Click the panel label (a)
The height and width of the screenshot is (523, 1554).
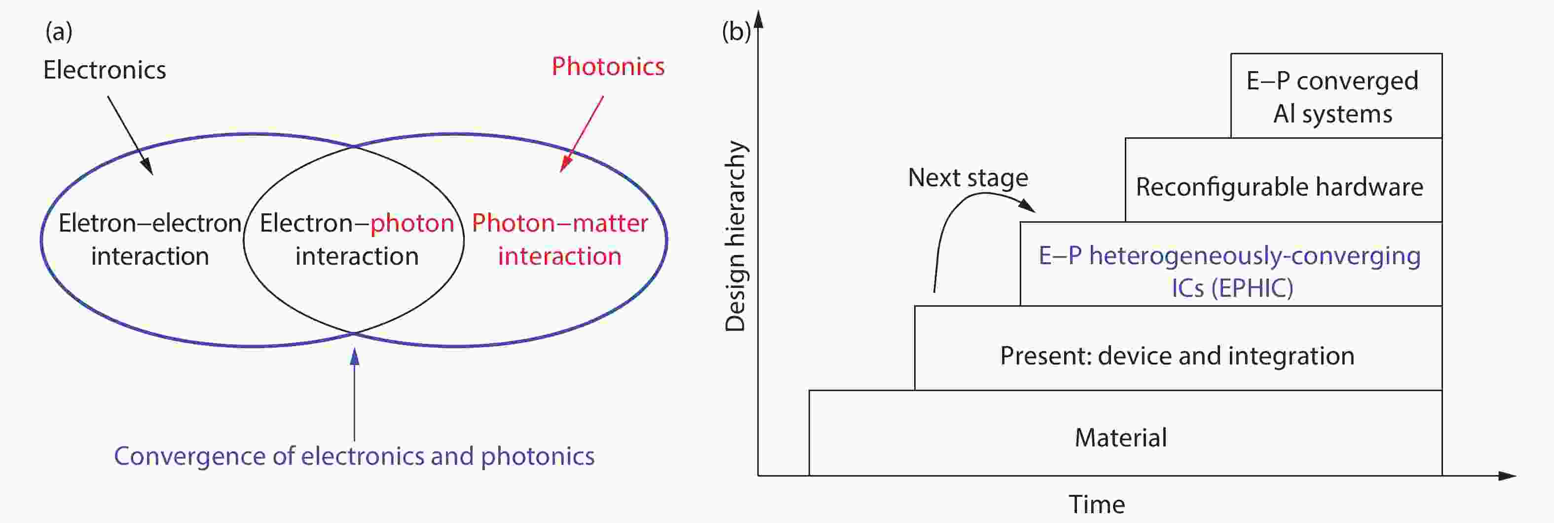click(x=59, y=32)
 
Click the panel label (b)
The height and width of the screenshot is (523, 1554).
click(x=736, y=32)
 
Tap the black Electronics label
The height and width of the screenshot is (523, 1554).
click(x=105, y=70)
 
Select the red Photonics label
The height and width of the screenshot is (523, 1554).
click(x=608, y=67)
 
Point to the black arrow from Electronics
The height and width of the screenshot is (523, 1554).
click(x=130, y=135)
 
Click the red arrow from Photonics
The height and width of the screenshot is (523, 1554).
click(x=582, y=134)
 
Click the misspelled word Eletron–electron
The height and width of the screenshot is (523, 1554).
click(x=150, y=223)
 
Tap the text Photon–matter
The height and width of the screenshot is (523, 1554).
click(x=560, y=223)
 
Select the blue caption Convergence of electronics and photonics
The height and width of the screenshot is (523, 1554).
click(x=354, y=456)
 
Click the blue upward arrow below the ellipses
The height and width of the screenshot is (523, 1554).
click(x=355, y=395)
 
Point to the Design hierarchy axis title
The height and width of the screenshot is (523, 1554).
click(x=736, y=236)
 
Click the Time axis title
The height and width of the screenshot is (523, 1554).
click(x=1097, y=504)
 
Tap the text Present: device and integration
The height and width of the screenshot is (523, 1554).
click(x=1178, y=356)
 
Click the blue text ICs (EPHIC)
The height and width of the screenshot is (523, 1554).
click(x=1232, y=288)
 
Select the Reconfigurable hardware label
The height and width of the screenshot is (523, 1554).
click(x=1280, y=187)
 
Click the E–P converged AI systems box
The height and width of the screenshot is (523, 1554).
click(x=1336, y=95)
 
